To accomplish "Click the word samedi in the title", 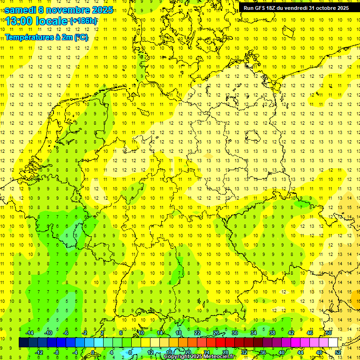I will click(20, 9).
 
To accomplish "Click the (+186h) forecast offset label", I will click(83, 21).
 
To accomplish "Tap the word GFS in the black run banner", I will click(261, 8).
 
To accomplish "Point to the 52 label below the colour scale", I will click(338, 352).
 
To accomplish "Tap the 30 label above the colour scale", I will click(234, 333).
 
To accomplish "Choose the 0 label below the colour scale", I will click(93, 352).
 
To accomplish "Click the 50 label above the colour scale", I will click(329, 333).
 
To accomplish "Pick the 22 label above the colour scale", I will click(197, 333).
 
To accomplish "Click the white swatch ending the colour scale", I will click(333, 343).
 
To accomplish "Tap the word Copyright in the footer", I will click(177, 357).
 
